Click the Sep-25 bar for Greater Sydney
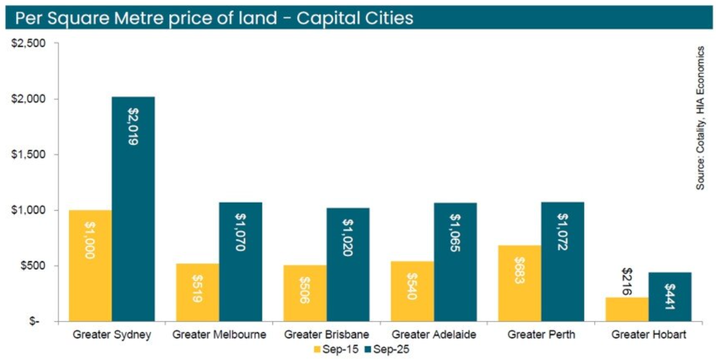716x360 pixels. point(133,209)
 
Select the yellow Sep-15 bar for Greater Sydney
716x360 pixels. point(90,265)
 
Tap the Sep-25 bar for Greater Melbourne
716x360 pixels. point(241,262)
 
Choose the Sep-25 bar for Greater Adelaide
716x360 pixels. point(455,262)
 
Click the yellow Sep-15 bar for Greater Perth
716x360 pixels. point(519,283)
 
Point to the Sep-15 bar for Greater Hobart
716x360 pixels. point(627,309)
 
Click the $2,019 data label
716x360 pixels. point(133,126)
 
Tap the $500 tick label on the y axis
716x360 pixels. point(32,266)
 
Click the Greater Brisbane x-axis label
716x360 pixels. point(327,335)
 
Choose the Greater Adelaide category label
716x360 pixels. point(434,335)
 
